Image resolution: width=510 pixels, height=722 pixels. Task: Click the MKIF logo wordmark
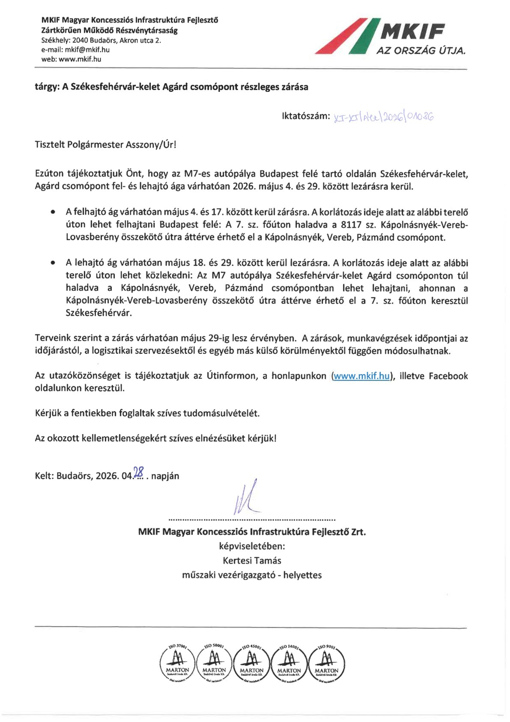[x=412, y=31]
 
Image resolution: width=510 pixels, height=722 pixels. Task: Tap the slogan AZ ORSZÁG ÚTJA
[x=421, y=51]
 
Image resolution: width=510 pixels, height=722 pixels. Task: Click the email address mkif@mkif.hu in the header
[x=87, y=50]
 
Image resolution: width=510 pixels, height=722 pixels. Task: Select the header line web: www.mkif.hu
[x=71, y=59]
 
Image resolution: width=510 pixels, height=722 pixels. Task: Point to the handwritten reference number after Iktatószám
[x=383, y=117]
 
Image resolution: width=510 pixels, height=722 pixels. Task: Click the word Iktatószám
[x=306, y=116]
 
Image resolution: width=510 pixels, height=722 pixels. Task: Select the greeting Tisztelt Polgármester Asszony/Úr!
[x=105, y=145]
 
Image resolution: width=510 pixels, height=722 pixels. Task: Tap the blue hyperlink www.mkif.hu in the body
[x=362, y=376]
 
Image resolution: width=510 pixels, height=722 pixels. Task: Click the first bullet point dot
[x=52, y=212]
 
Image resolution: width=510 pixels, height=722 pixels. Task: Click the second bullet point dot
[x=52, y=263]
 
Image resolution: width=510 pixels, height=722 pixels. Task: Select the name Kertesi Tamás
[x=252, y=561]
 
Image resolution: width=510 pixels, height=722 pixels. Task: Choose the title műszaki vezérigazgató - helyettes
[x=252, y=575]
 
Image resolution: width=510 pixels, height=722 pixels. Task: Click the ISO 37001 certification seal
[x=177, y=662]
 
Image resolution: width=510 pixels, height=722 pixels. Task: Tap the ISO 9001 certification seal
[x=326, y=662]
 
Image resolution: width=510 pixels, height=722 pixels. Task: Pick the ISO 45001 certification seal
[x=252, y=662]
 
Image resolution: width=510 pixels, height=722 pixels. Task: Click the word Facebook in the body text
[x=448, y=376]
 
